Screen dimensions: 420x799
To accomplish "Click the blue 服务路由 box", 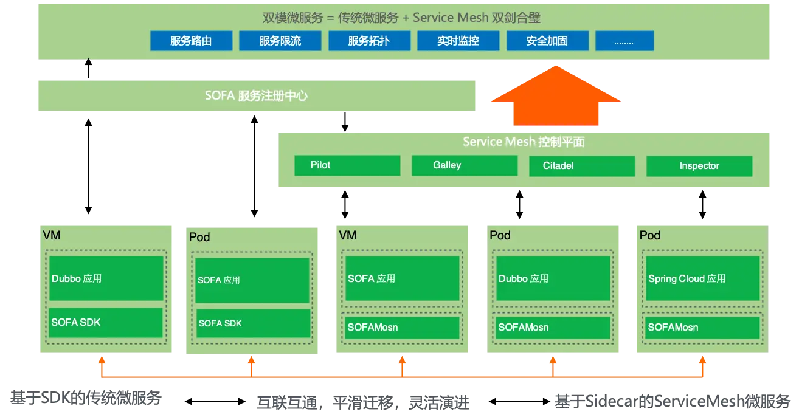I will [191, 41].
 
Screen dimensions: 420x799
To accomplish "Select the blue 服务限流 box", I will [280, 41].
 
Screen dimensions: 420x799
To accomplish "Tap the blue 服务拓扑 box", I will [369, 41].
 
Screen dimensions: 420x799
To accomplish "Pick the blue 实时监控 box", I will [458, 41].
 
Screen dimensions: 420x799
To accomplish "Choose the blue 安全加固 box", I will [547, 41].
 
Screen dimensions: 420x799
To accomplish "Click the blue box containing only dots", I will [624, 41].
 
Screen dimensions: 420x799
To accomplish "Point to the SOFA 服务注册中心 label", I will [255, 96].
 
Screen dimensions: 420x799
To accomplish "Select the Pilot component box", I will [347, 166].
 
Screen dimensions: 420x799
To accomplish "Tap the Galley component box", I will [465, 166].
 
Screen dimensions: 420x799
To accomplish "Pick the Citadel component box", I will [581, 166].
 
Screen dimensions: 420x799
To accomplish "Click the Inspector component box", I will [699, 166].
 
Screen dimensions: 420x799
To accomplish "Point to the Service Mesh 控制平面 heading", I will [524, 142].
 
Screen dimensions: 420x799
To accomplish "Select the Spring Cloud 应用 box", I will [704, 278].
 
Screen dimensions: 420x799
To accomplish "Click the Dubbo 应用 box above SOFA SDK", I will [106, 278].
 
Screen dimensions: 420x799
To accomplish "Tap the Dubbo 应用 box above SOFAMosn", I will [553, 278].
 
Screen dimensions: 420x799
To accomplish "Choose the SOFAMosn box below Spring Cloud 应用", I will [704, 328].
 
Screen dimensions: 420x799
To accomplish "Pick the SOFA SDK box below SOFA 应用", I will [253, 323].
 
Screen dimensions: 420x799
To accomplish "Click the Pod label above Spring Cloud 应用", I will [650, 235].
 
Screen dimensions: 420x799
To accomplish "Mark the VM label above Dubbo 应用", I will [52, 235].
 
